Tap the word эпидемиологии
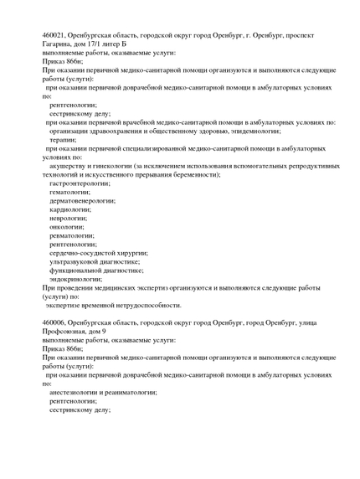(x=252, y=131)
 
